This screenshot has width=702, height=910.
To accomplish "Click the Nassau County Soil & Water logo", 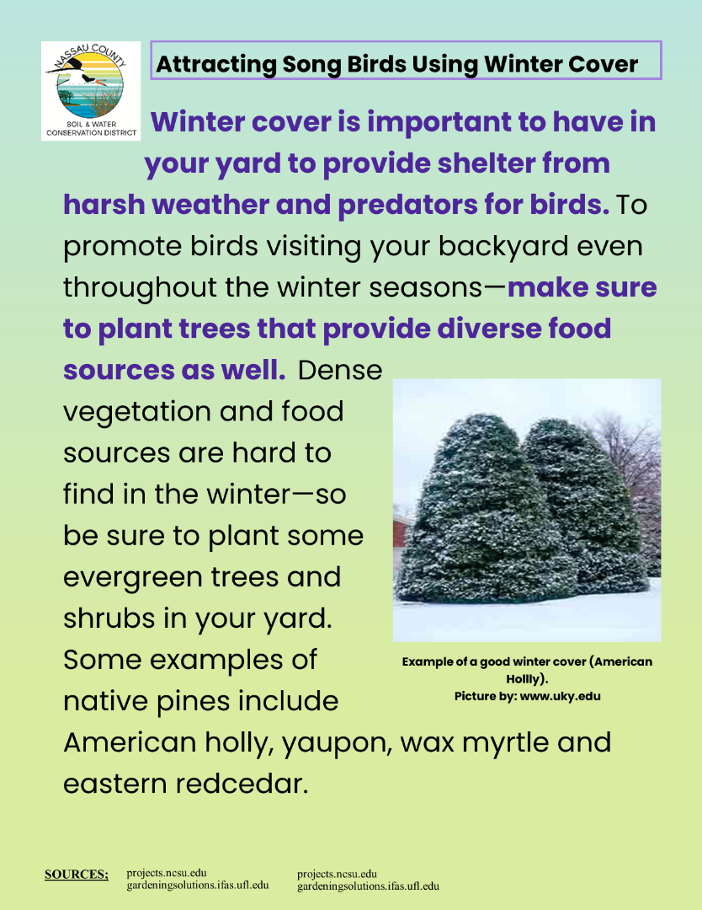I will pos(91,91).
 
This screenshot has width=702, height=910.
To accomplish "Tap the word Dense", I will pos(340,370).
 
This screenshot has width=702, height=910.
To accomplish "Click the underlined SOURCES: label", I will pos(77,874).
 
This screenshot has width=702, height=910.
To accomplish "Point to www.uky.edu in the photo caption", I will pos(561,697).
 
